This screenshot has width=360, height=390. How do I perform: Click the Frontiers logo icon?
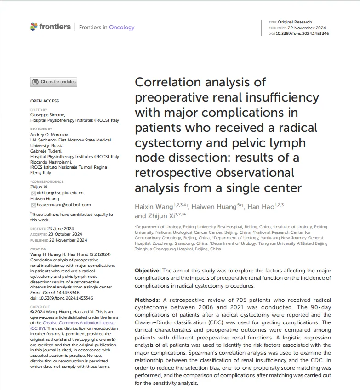click(x=34, y=27)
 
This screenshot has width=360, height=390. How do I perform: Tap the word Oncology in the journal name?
click(x=122, y=28)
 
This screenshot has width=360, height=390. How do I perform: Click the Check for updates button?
click(x=54, y=82)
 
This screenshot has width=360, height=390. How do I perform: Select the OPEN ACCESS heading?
click(x=45, y=101)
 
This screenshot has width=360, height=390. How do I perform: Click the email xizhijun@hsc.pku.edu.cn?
click(x=60, y=193)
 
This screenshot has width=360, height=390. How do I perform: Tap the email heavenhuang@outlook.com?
click(x=64, y=205)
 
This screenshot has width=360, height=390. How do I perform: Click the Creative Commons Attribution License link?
click(x=79, y=323)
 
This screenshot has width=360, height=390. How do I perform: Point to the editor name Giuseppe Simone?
click(x=48, y=115)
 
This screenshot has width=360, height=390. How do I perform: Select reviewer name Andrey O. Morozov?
click(x=50, y=135)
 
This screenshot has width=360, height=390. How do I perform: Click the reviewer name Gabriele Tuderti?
click(x=46, y=151)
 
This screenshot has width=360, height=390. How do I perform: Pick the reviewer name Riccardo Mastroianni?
click(x=51, y=162)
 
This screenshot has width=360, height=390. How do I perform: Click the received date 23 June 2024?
click(x=61, y=229)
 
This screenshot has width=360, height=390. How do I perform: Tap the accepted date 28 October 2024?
click(x=65, y=234)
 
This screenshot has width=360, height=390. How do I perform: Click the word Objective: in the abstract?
click(x=148, y=271)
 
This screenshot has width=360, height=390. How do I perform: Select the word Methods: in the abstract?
click(x=147, y=300)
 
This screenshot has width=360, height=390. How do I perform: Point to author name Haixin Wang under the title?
click(x=154, y=207)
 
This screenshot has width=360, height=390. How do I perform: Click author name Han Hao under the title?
click(x=261, y=207)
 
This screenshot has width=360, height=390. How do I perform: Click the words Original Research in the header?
click(x=295, y=22)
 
